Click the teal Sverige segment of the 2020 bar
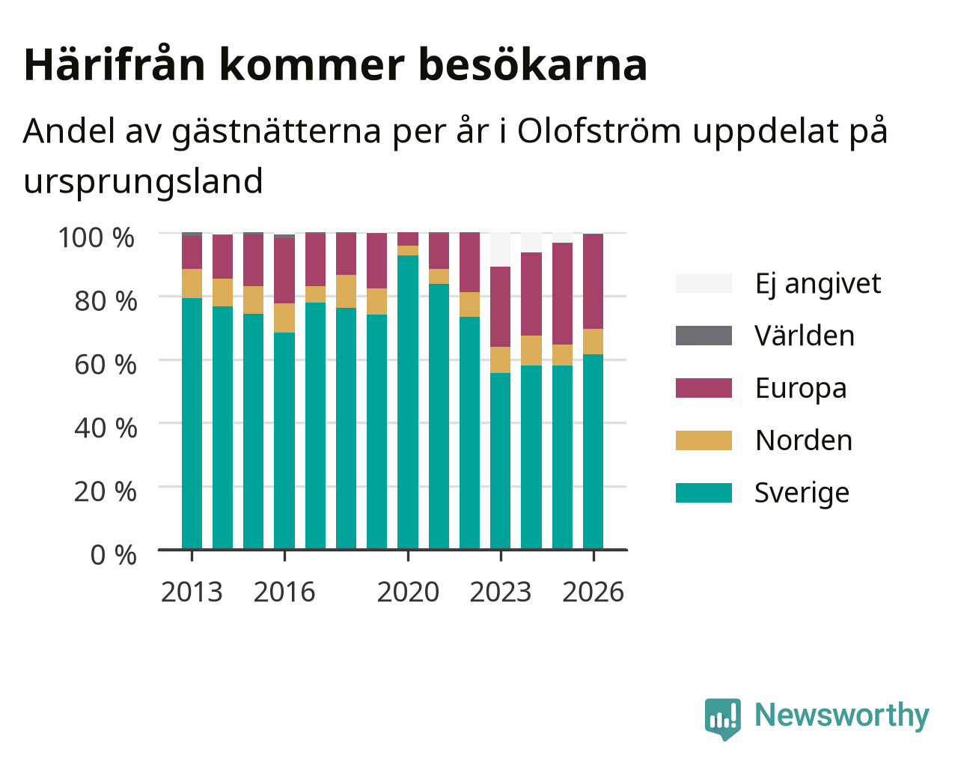407,402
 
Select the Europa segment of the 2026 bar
593,282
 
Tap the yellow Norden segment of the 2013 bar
192,283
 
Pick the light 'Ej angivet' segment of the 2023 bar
500,249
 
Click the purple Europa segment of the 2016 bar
284,271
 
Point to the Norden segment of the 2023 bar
500,360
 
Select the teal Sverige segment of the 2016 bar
284,441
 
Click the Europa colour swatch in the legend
704,388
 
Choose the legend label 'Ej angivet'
817,283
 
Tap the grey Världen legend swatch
704,336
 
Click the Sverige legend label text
802,493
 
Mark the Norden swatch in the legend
704,440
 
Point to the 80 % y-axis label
106,301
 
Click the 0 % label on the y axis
113,555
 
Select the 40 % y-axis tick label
106,428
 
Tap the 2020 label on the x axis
408,592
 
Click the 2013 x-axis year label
192,592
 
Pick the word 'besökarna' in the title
533,65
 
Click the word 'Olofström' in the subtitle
599,131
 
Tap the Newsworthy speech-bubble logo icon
722,718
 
